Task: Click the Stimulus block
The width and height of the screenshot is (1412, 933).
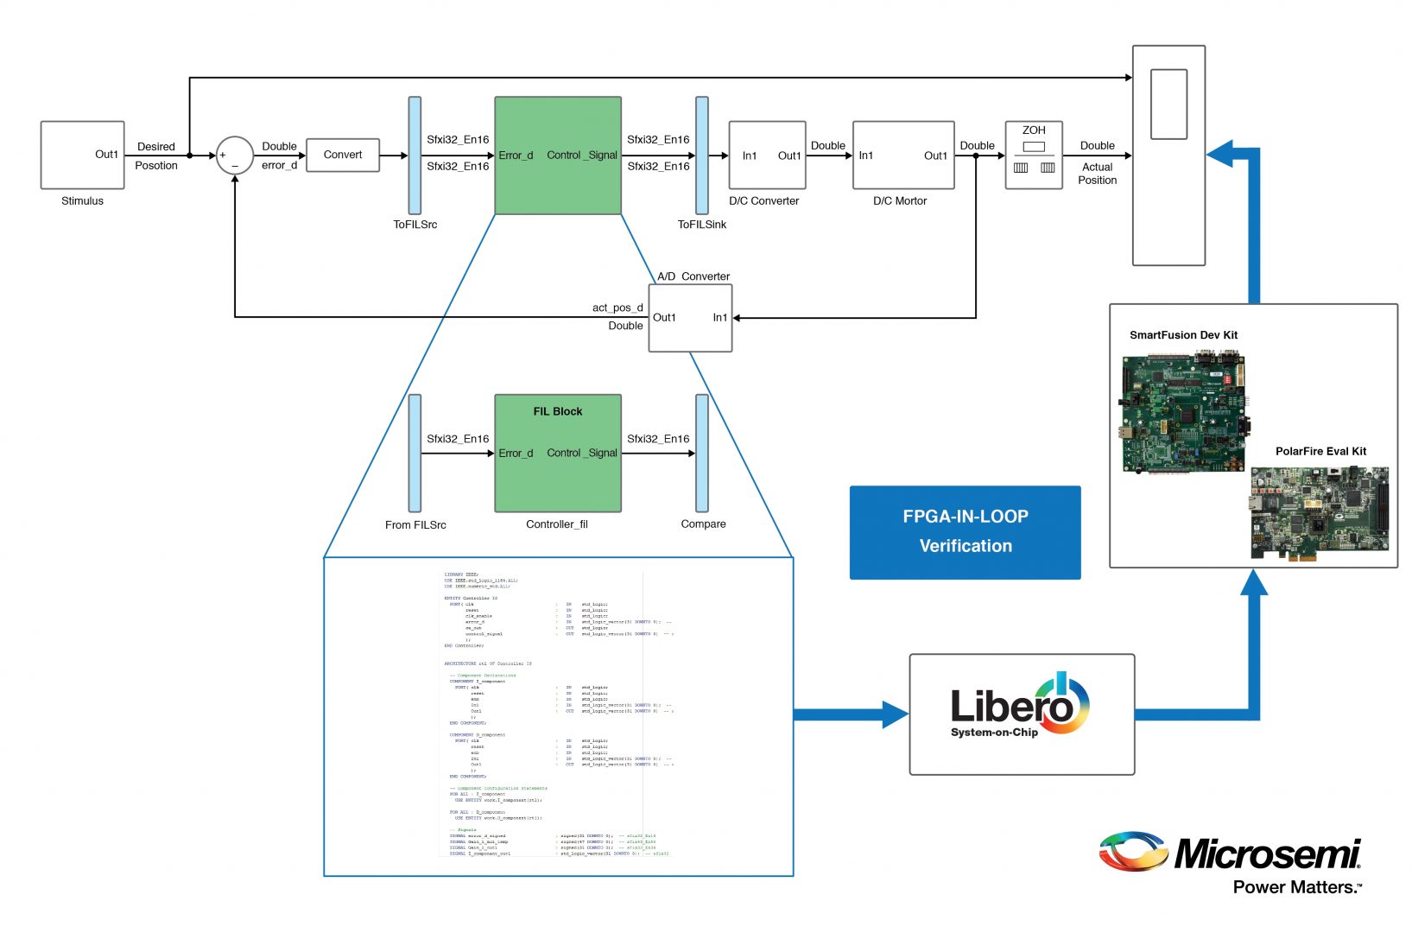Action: (x=82, y=155)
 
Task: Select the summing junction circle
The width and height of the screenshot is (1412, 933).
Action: (x=234, y=155)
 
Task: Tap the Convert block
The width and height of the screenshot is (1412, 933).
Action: (x=343, y=155)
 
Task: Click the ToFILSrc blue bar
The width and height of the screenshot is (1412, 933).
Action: (x=415, y=155)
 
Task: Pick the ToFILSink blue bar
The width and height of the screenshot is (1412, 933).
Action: (x=702, y=155)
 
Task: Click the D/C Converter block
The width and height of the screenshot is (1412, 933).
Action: (x=767, y=155)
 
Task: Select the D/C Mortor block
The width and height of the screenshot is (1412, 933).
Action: (x=903, y=155)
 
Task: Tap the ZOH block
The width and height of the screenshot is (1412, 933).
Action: (x=1034, y=155)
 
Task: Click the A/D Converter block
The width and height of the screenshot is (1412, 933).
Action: (x=690, y=318)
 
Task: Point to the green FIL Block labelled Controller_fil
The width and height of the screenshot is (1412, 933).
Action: (x=558, y=454)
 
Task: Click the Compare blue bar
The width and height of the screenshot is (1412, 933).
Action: (x=702, y=454)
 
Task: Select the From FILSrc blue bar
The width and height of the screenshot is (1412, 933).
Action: (x=415, y=454)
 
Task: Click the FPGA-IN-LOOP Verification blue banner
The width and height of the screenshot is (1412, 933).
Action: (x=965, y=532)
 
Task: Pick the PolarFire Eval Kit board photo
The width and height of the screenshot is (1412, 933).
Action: (x=1320, y=513)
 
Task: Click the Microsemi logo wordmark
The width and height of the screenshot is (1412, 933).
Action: (x=1266, y=854)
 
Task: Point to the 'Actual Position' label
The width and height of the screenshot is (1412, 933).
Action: (x=1097, y=174)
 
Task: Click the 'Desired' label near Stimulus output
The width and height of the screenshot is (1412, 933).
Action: (x=156, y=147)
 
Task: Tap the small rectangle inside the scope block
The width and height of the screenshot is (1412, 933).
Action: (x=1168, y=104)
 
